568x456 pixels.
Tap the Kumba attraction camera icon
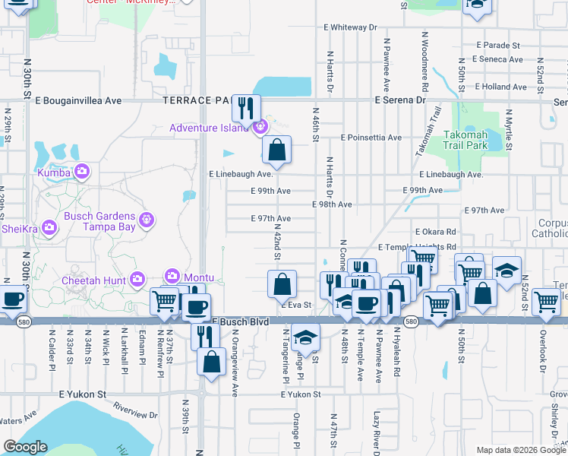pyautogui.click(x=82, y=173)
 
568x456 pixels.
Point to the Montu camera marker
pyautogui.click(x=172, y=277)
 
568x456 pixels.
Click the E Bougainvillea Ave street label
pyautogui.click(x=78, y=100)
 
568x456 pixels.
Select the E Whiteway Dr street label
pyautogui.click(x=342, y=27)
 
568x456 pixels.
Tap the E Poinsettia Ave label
pyautogui.click(x=371, y=138)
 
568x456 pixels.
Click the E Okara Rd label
pyautogui.click(x=436, y=232)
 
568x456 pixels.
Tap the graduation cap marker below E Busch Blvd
pyautogui.click(x=305, y=337)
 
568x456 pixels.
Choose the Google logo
pyautogui.click(x=25, y=447)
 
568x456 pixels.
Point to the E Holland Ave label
pyautogui.click(x=500, y=87)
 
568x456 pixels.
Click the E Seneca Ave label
pyautogui.click(x=497, y=59)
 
